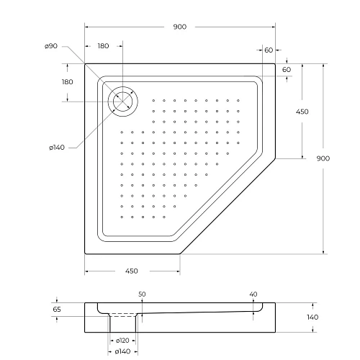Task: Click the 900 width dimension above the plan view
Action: click(x=180, y=27)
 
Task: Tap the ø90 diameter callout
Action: click(x=50, y=46)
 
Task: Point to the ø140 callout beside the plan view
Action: click(x=57, y=148)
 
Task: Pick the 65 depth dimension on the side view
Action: click(x=58, y=309)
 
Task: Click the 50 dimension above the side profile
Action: click(x=142, y=294)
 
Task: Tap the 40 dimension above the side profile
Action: click(x=253, y=294)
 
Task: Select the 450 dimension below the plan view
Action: click(x=132, y=271)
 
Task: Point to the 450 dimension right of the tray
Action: click(x=302, y=112)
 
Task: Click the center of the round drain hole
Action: click(x=122, y=99)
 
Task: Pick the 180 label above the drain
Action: click(x=103, y=46)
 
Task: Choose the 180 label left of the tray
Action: click(x=68, y=81)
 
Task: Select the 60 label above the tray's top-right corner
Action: click(x=269, y=50)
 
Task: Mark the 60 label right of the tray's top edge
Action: click(x=286, y=69)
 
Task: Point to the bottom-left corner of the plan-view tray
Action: click(x=85, y=254)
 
